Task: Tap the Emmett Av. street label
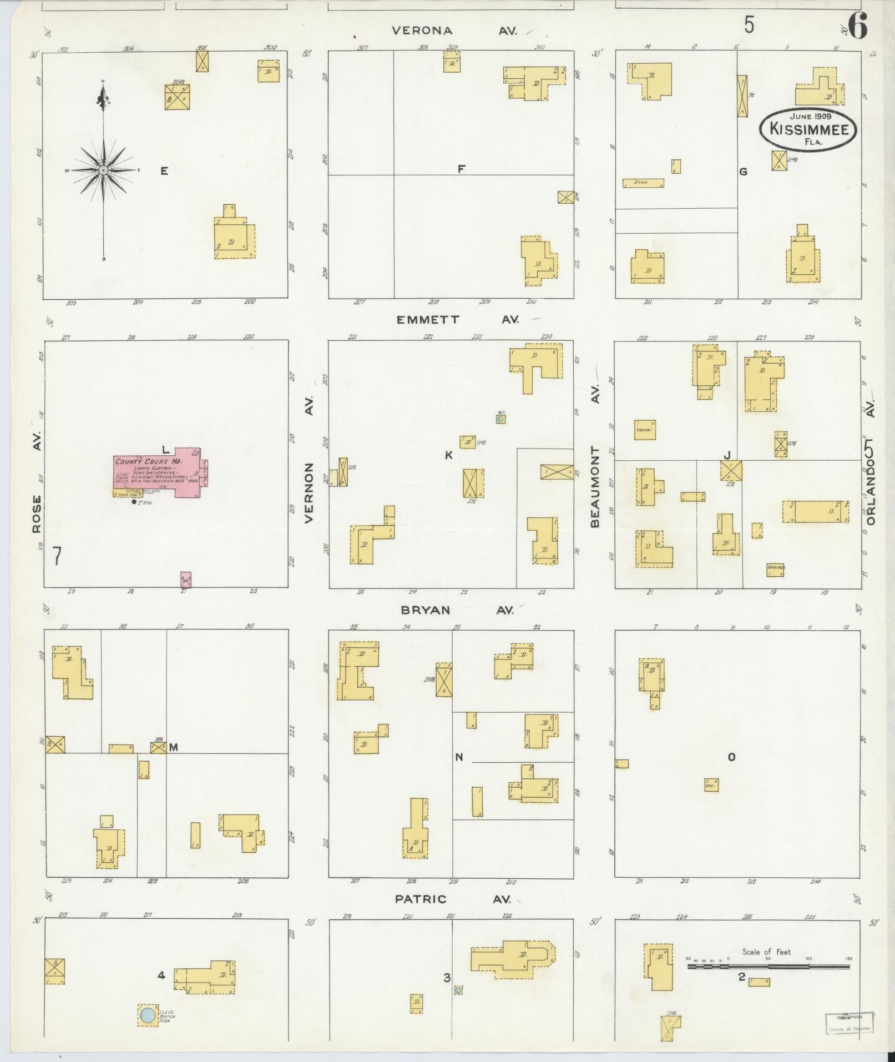click(x=457, y=320)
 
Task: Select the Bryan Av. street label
click(x=457, y=610)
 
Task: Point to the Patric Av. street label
click(x=452, y=899)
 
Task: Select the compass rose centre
click(x=103, y=170)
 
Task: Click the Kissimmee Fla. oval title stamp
click(x=808, y=129)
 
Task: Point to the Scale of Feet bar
click(x=768, y=967)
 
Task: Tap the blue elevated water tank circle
click(x=147, y=1015)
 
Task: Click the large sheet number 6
click(x=857, y=27)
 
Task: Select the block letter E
click(x=164, y=172)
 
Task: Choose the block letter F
click(x=461, y=170)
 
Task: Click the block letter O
click(x=731, y=757)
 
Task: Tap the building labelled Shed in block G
click(x=643, y=183)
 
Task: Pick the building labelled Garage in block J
click(x=775, y=569)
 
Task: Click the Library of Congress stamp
click(x=848, y=1021)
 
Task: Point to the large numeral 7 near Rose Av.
click(x=57, y=556)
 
